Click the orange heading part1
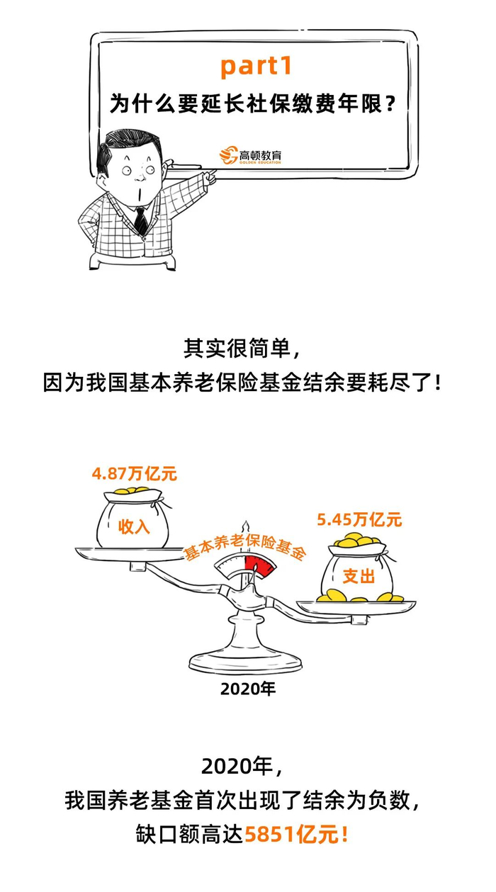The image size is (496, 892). (x=257, y=67)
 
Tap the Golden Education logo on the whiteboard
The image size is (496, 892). (x=250, y=155)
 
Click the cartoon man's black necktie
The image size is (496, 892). (x=141, y=220)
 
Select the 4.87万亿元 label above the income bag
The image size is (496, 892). (x=134, y=474)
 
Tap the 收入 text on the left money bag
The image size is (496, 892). (x=134, y=526)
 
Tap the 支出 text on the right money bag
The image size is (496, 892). (x=359, y=576)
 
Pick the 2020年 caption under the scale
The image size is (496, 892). (x=248, y=689)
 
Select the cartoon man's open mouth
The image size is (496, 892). (x=139, y=193)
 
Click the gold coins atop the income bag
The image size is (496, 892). (x=133, y=490)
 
